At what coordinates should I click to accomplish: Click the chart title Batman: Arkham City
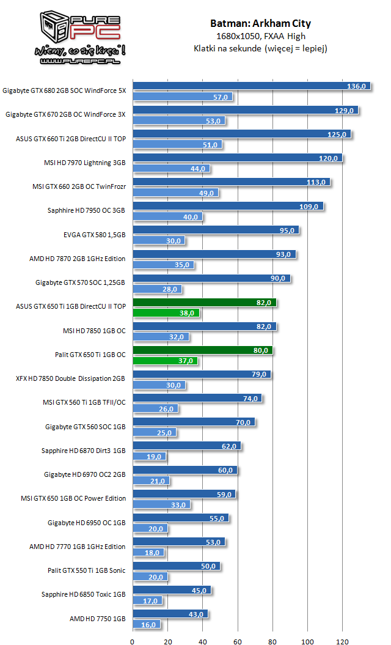tap(260, 24)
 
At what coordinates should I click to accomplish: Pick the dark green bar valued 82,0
tap(204, 302)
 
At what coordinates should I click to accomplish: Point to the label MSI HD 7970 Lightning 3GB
tap(81, 163)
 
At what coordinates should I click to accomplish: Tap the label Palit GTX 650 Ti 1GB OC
tap(90, 354)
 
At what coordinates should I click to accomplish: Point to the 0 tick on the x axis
tap(133, 641)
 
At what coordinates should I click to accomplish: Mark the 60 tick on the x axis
tap(238, 641)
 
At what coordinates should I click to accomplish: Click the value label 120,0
tap(328, 158)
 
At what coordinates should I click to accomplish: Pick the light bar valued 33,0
tap(161, 504)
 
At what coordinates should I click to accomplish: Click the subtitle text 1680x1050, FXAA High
tap(260, 36)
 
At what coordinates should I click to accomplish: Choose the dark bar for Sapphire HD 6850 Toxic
tap(172, 590)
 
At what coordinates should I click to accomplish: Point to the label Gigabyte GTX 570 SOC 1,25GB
tap(80, 282)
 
